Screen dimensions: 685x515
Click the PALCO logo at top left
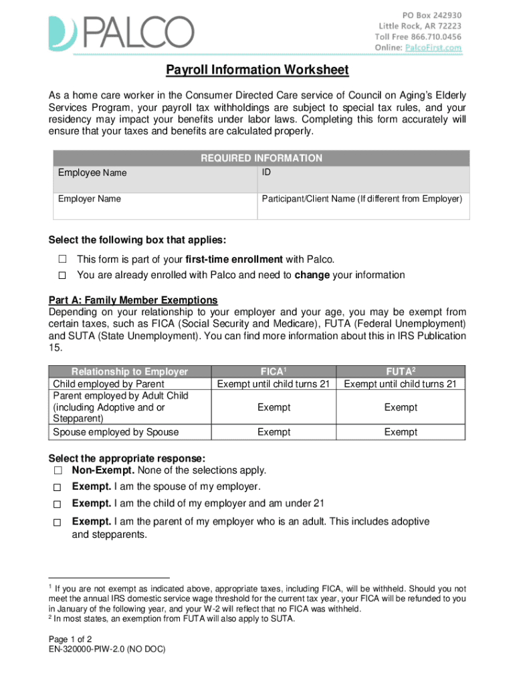[x=120, y=33]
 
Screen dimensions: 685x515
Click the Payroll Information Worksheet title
[x=257, y=70]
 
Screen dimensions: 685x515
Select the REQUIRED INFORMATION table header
[x=261, y=159]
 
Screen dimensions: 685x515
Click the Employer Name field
[x=154, y=205]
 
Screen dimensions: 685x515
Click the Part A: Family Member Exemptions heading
[x=133, y=300]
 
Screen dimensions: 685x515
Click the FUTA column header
[x=400, y=372]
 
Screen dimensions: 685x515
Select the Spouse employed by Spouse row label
[x=116, y=432]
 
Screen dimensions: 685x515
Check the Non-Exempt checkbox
[x=58, y=472]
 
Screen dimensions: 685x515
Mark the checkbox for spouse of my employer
[x=58, y=488]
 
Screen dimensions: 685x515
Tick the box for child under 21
[x=58, y=504]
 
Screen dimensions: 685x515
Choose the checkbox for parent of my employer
[x=58, y=522]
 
